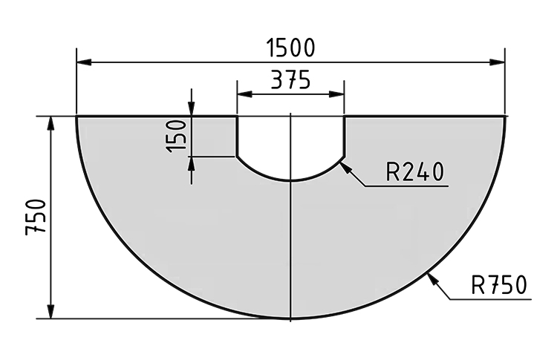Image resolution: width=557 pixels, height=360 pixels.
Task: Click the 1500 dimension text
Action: (290, 47)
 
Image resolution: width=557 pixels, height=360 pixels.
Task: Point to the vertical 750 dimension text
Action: (36, 217)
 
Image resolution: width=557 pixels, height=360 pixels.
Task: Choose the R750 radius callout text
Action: (498, 285)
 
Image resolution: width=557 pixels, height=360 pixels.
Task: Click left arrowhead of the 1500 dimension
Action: (81, 61)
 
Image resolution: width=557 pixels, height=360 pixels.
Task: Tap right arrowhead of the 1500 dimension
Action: (501, 61)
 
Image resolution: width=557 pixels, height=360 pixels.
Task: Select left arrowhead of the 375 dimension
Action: (241, 94)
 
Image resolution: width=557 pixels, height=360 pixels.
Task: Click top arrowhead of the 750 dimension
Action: (51, 121)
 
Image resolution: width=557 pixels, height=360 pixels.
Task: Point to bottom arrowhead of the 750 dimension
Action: (51, 313)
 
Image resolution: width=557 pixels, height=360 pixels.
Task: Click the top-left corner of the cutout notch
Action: (237, 117)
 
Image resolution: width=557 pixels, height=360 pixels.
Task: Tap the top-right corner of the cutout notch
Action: (345, 117)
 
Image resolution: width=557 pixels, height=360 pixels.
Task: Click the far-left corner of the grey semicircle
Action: (77, 117)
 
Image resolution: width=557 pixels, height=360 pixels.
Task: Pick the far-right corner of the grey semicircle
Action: (505, 117)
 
